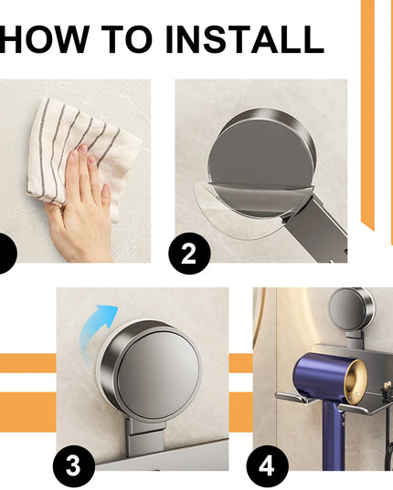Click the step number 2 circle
pyautogui.click(x=189, y=253)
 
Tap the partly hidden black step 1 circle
pyautogui.click(x=5, y=253)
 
